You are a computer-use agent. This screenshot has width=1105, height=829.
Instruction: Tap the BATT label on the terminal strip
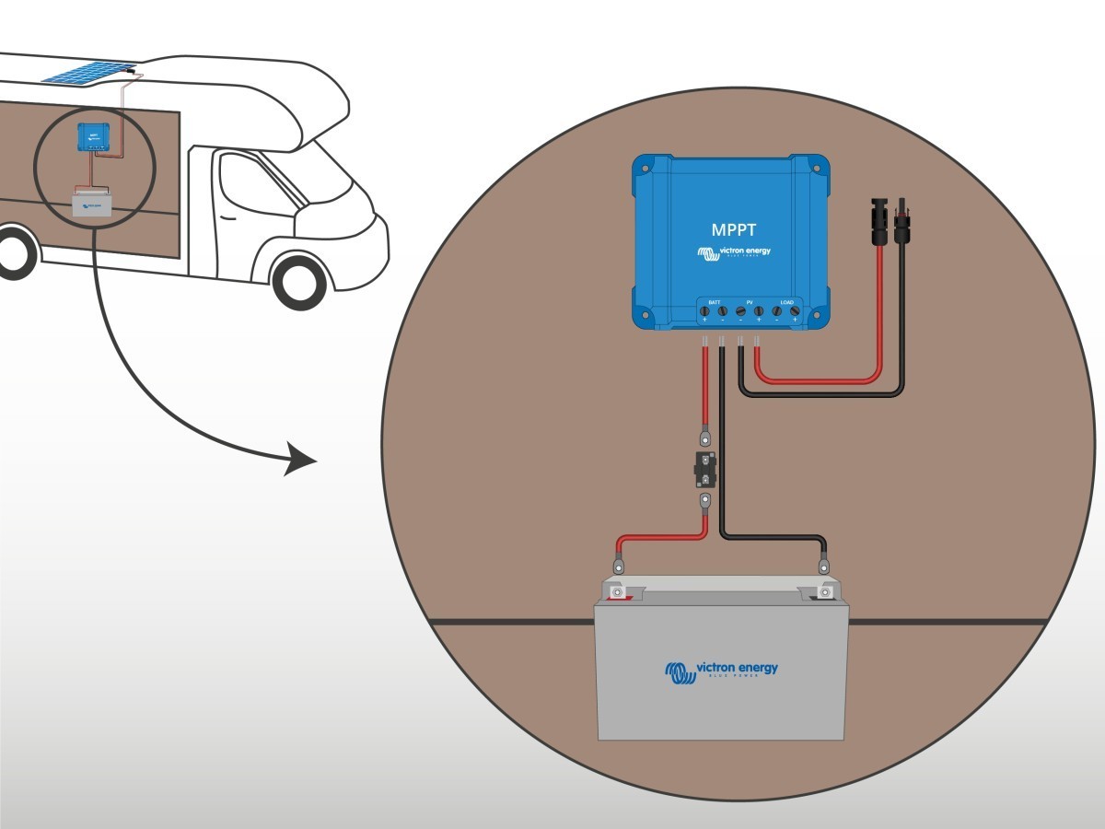(714, 302)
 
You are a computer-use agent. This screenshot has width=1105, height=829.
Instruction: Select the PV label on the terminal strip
(749, 302)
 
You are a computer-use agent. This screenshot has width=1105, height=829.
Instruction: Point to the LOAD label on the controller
(785, 302)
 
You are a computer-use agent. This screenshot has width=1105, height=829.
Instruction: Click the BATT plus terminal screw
(704, 312)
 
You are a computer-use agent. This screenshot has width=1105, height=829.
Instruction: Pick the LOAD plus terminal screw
(794, 312)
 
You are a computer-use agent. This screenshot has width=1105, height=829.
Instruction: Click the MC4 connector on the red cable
(880, 222)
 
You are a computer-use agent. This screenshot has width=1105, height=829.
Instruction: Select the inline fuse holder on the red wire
(704, 470)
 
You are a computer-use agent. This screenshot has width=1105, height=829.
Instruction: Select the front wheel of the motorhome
(300, 279)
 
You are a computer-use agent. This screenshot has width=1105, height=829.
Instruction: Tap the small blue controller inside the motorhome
(93, 136)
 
